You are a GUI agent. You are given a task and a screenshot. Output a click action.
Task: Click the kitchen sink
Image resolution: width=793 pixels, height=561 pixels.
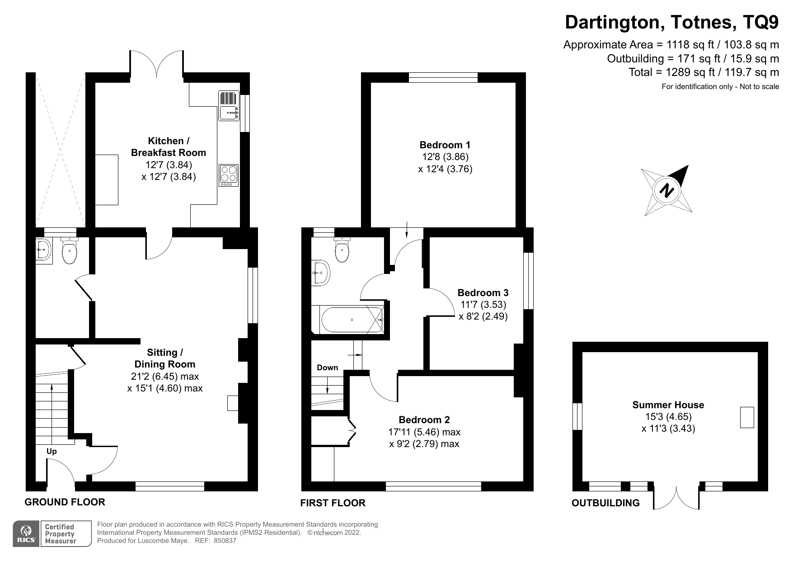point(229,106)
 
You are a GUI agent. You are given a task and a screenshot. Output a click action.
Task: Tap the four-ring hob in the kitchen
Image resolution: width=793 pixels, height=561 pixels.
point(229,175)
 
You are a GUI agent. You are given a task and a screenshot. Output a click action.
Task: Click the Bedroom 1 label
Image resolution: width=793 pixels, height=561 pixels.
point(445,145)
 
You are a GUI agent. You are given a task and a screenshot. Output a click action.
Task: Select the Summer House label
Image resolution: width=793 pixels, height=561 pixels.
point(668,405)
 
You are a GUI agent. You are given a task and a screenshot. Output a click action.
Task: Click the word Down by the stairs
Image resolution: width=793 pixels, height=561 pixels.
point(327,368)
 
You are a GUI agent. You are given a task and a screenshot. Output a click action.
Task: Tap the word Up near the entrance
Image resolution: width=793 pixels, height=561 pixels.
point(52,451)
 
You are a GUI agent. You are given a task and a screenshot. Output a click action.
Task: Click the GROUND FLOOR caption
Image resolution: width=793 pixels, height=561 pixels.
point(65,502)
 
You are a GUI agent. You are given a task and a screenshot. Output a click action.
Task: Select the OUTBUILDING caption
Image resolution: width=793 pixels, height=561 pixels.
point(605,503)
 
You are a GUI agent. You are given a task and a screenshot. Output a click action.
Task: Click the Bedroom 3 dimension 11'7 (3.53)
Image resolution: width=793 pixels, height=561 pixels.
point(483,305)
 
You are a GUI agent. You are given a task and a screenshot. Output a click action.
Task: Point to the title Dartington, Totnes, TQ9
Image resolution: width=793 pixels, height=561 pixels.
point(671,22)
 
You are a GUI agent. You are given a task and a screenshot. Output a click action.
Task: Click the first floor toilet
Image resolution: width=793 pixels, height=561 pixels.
point(342,250)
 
